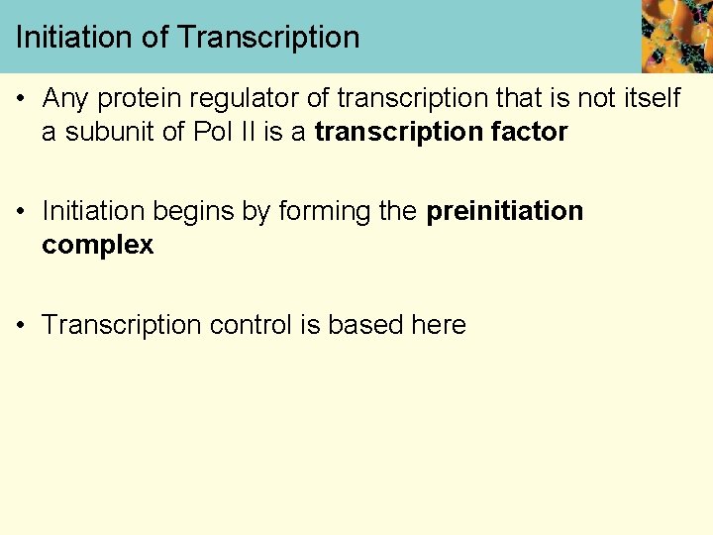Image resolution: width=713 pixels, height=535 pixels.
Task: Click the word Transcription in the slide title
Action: coord(268,38)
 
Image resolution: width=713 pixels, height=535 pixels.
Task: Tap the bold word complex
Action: coord(97,246)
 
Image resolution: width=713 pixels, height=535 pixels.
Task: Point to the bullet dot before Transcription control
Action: coord(23,326)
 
